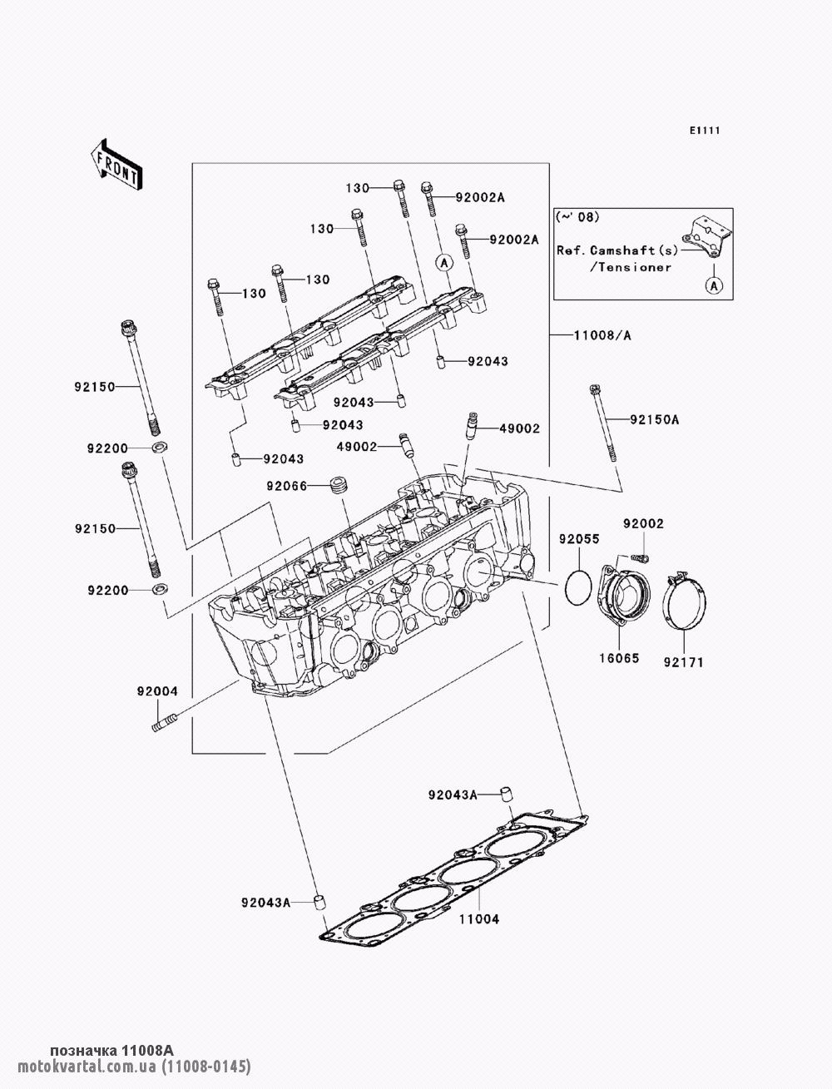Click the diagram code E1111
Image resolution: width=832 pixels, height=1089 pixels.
point(705,131)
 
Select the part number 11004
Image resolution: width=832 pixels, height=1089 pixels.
point(478,918)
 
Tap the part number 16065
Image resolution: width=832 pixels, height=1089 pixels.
point(619,658)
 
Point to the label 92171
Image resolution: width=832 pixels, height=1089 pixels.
point(684,662)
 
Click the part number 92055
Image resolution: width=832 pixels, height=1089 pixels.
point(579,538)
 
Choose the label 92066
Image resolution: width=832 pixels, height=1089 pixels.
point(287,486)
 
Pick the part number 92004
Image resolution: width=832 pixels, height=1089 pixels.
point(157,691)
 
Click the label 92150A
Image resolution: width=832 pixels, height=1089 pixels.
point(655,420)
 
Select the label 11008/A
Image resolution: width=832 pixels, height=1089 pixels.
point(603,336)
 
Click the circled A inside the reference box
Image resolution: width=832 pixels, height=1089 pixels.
point(714,285)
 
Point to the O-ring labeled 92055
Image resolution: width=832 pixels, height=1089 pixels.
point(578,587)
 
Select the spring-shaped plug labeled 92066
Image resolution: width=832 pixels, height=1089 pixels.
point(339,484)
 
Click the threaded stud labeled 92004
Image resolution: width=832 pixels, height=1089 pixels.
point(164,721)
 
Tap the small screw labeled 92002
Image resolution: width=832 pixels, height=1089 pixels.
point(640,558)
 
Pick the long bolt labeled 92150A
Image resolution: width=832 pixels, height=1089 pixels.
point(603,423)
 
